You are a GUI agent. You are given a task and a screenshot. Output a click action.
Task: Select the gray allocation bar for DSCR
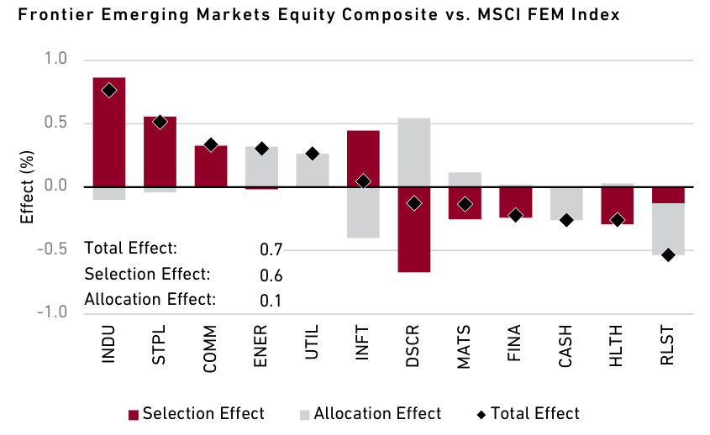[x=414, y=152]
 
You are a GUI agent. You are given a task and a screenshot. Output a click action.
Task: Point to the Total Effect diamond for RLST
[x=668, y=254]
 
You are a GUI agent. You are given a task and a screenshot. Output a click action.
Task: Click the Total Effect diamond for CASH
[x=566, y=220]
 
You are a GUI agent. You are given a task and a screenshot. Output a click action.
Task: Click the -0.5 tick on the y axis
[x=54, y=250]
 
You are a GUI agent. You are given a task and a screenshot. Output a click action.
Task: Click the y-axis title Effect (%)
[x=27, y=186]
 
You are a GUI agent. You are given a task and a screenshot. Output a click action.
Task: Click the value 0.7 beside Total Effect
[x=271, y=250]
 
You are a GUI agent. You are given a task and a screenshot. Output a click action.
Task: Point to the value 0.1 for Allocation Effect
[x=271, y=301]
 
